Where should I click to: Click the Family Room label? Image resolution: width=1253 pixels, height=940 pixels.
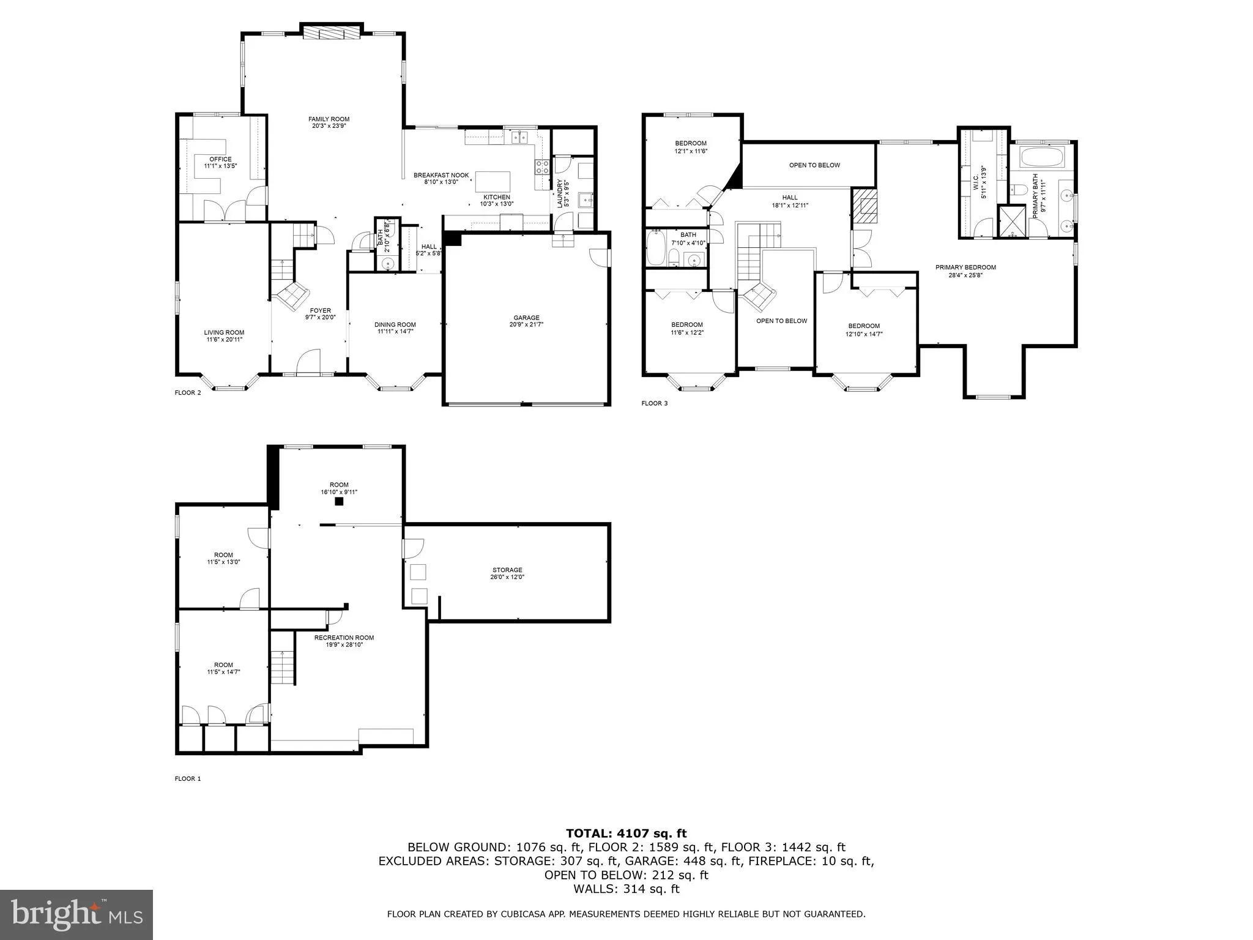pos(329,119)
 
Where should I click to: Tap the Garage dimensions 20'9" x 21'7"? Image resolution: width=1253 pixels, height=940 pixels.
pos(526,325)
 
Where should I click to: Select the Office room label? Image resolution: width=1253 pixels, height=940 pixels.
pos(220,159)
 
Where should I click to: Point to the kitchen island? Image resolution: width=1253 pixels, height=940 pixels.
pos(493,182)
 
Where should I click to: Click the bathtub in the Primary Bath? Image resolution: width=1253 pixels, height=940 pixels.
pos(1043,157)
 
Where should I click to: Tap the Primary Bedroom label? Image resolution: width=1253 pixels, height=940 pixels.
pos(965,267)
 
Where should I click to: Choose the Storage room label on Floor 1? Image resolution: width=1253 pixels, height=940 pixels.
pos(507,570)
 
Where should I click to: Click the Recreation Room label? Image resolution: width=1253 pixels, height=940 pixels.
pos(344,638)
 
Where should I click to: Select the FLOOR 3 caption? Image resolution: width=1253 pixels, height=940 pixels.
pos(654,403)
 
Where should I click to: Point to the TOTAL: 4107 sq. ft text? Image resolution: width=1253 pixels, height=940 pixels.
pos(626,833)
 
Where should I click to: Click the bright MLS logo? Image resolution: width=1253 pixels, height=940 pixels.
pos(76,915)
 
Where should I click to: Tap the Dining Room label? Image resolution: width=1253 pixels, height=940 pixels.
pos(395,325)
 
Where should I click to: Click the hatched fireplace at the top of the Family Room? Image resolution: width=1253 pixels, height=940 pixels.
pos(332,32)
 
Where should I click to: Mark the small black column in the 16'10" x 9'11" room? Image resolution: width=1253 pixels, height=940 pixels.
pos(338,502)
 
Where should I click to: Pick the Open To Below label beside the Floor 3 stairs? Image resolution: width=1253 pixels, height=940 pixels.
pos(781,321)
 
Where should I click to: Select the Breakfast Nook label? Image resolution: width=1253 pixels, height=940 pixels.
pos(441,175)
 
